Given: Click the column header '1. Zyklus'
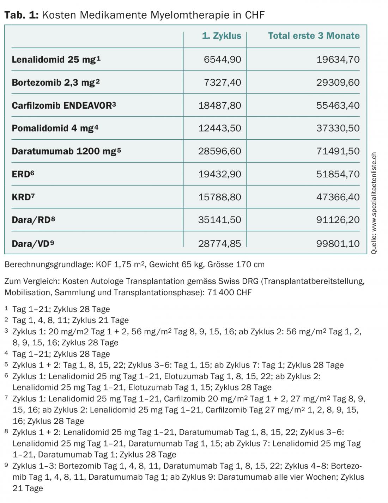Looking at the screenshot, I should coord(222,36).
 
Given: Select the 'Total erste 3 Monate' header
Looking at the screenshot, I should coord(314,36).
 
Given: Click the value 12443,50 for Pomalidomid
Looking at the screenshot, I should coord(219,128).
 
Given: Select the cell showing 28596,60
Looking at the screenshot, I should coord(219,151).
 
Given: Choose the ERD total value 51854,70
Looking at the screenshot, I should coord(338,174).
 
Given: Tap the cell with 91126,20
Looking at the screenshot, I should coord(338,220).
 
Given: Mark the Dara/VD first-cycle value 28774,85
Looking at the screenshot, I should coord(219,243).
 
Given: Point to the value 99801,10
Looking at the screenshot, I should coord(338,243).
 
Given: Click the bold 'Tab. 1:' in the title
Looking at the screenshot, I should coord(22,15).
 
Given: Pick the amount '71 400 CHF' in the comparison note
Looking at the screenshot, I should coord(229,293).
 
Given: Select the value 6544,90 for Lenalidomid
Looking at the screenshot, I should coord(222,60).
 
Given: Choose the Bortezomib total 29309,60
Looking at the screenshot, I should coord(338,83).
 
